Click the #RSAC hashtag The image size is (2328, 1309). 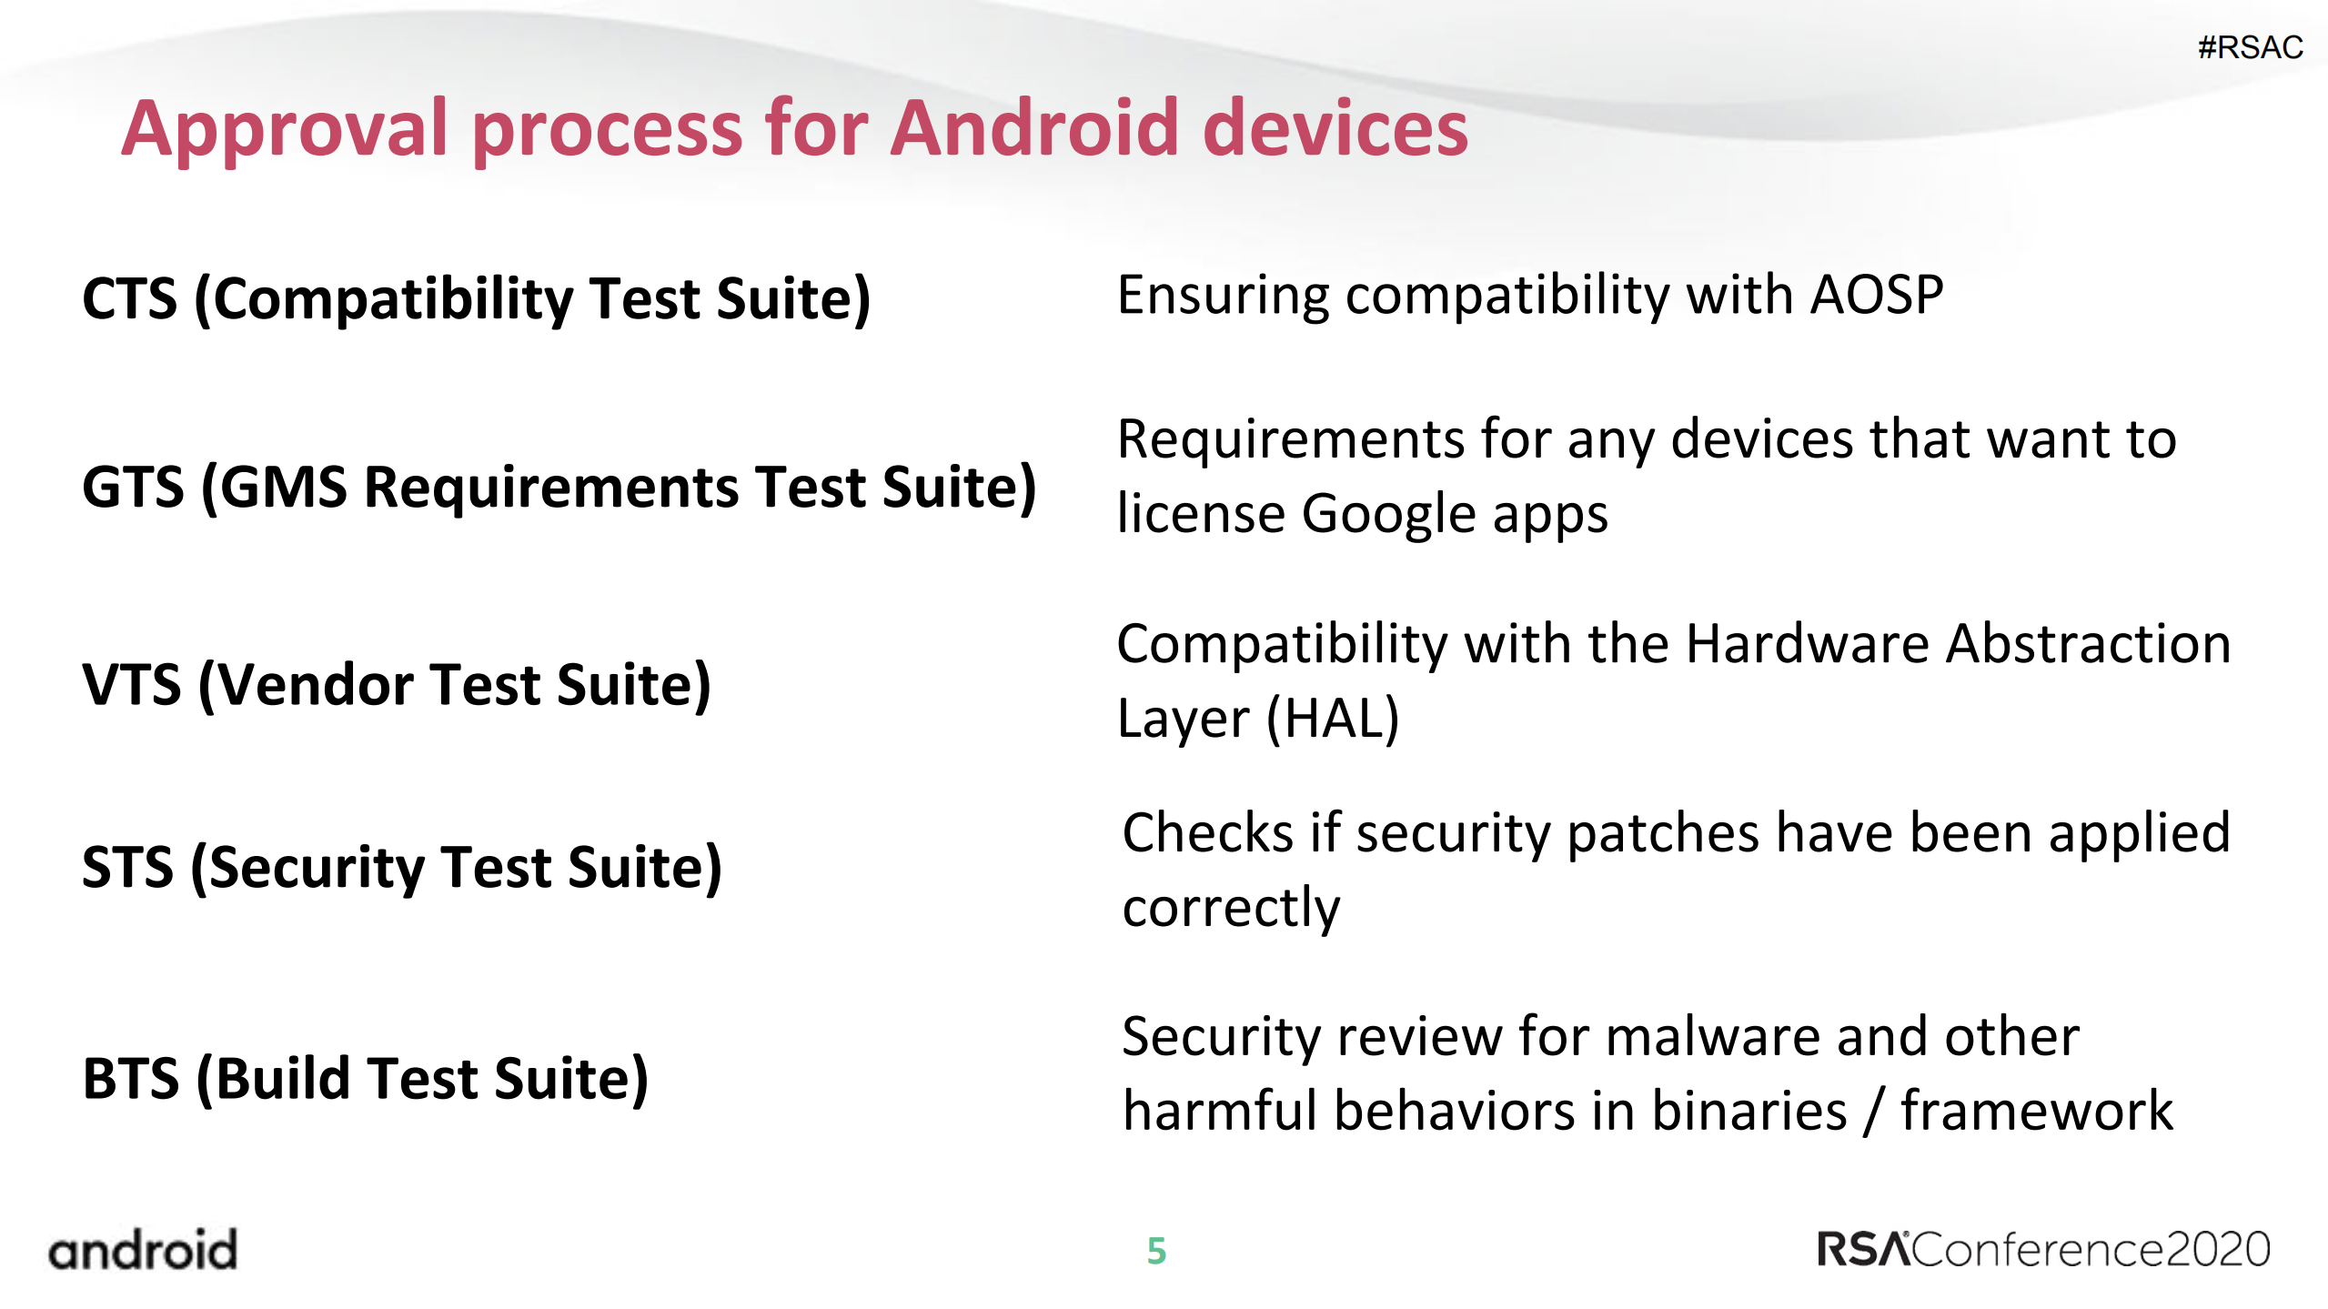click(x=2250, y=47)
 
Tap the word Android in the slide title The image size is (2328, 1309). click(x=1033, y=128)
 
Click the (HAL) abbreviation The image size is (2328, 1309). click(x=1333, y=719)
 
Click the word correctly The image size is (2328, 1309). click(x=1231, y=908)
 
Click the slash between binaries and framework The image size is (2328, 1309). click(x=1873, y=1112)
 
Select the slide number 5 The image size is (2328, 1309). click(x=1156, y=1251)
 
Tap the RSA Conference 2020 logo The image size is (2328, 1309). click(x=2043, y=1249)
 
